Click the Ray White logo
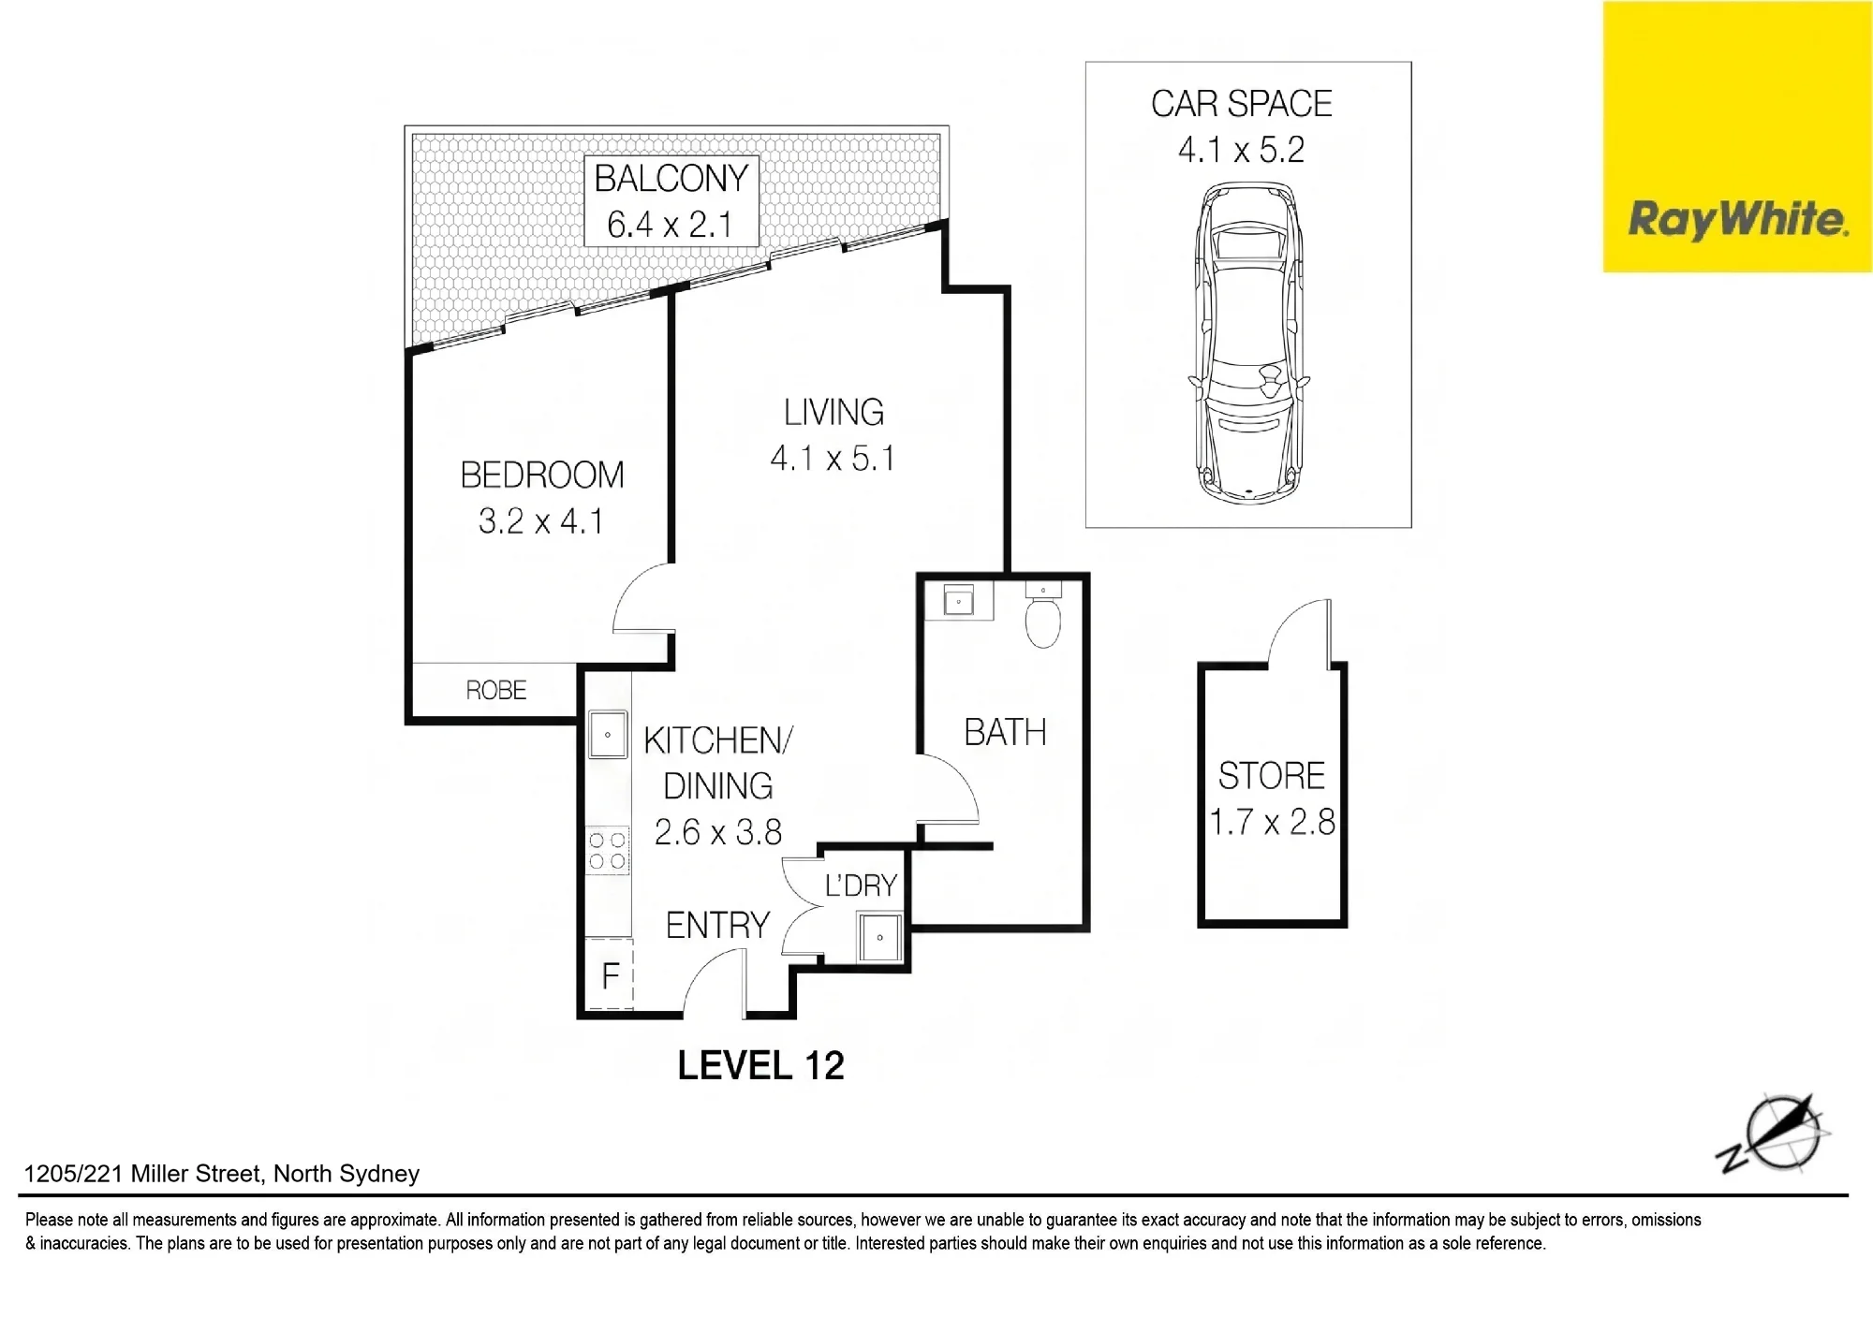[1737, 137]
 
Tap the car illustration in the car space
[1248, 344]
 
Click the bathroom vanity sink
[959, 602]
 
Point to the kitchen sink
[608, 735]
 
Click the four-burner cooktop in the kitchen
[608, 851]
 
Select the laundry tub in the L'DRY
[879, 937]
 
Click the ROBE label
[496, 691]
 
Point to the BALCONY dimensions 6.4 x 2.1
[670, 225]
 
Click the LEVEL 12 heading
[760, 1065]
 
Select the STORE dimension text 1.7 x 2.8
[1272, 822]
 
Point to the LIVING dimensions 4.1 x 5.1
[833, 459]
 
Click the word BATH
[1005, 732]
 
